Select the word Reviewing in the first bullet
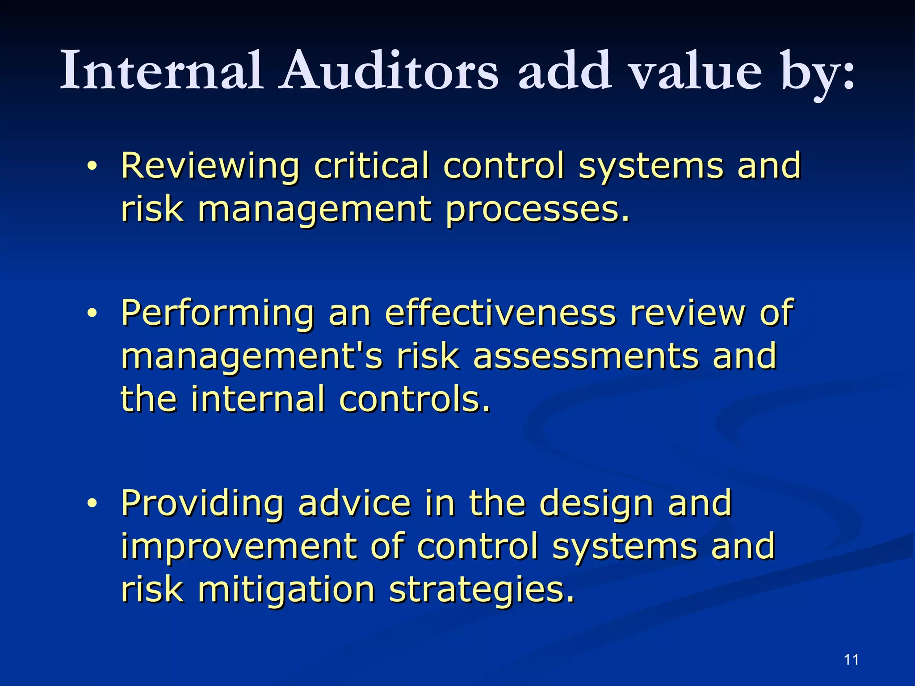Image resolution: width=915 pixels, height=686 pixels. pyautogui.click(x=210, y=166)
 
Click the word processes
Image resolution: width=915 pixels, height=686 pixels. pyautogui.click(x=537, y=210)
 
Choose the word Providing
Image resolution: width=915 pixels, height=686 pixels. pyautogui.click(x=202, y=504)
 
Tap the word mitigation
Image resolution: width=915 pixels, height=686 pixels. pyautogui.click(x=286, y=590)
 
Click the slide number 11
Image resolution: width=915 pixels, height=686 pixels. pyautogui.click(x=852, y=660)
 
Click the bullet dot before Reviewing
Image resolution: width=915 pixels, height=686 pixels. pyautogui.click(x=92, y=167)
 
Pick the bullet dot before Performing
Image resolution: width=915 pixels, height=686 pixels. pyautogui.click(x=92, y=314)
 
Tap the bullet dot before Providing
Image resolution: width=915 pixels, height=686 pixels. pyautogui.click(x=92, y=504)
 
